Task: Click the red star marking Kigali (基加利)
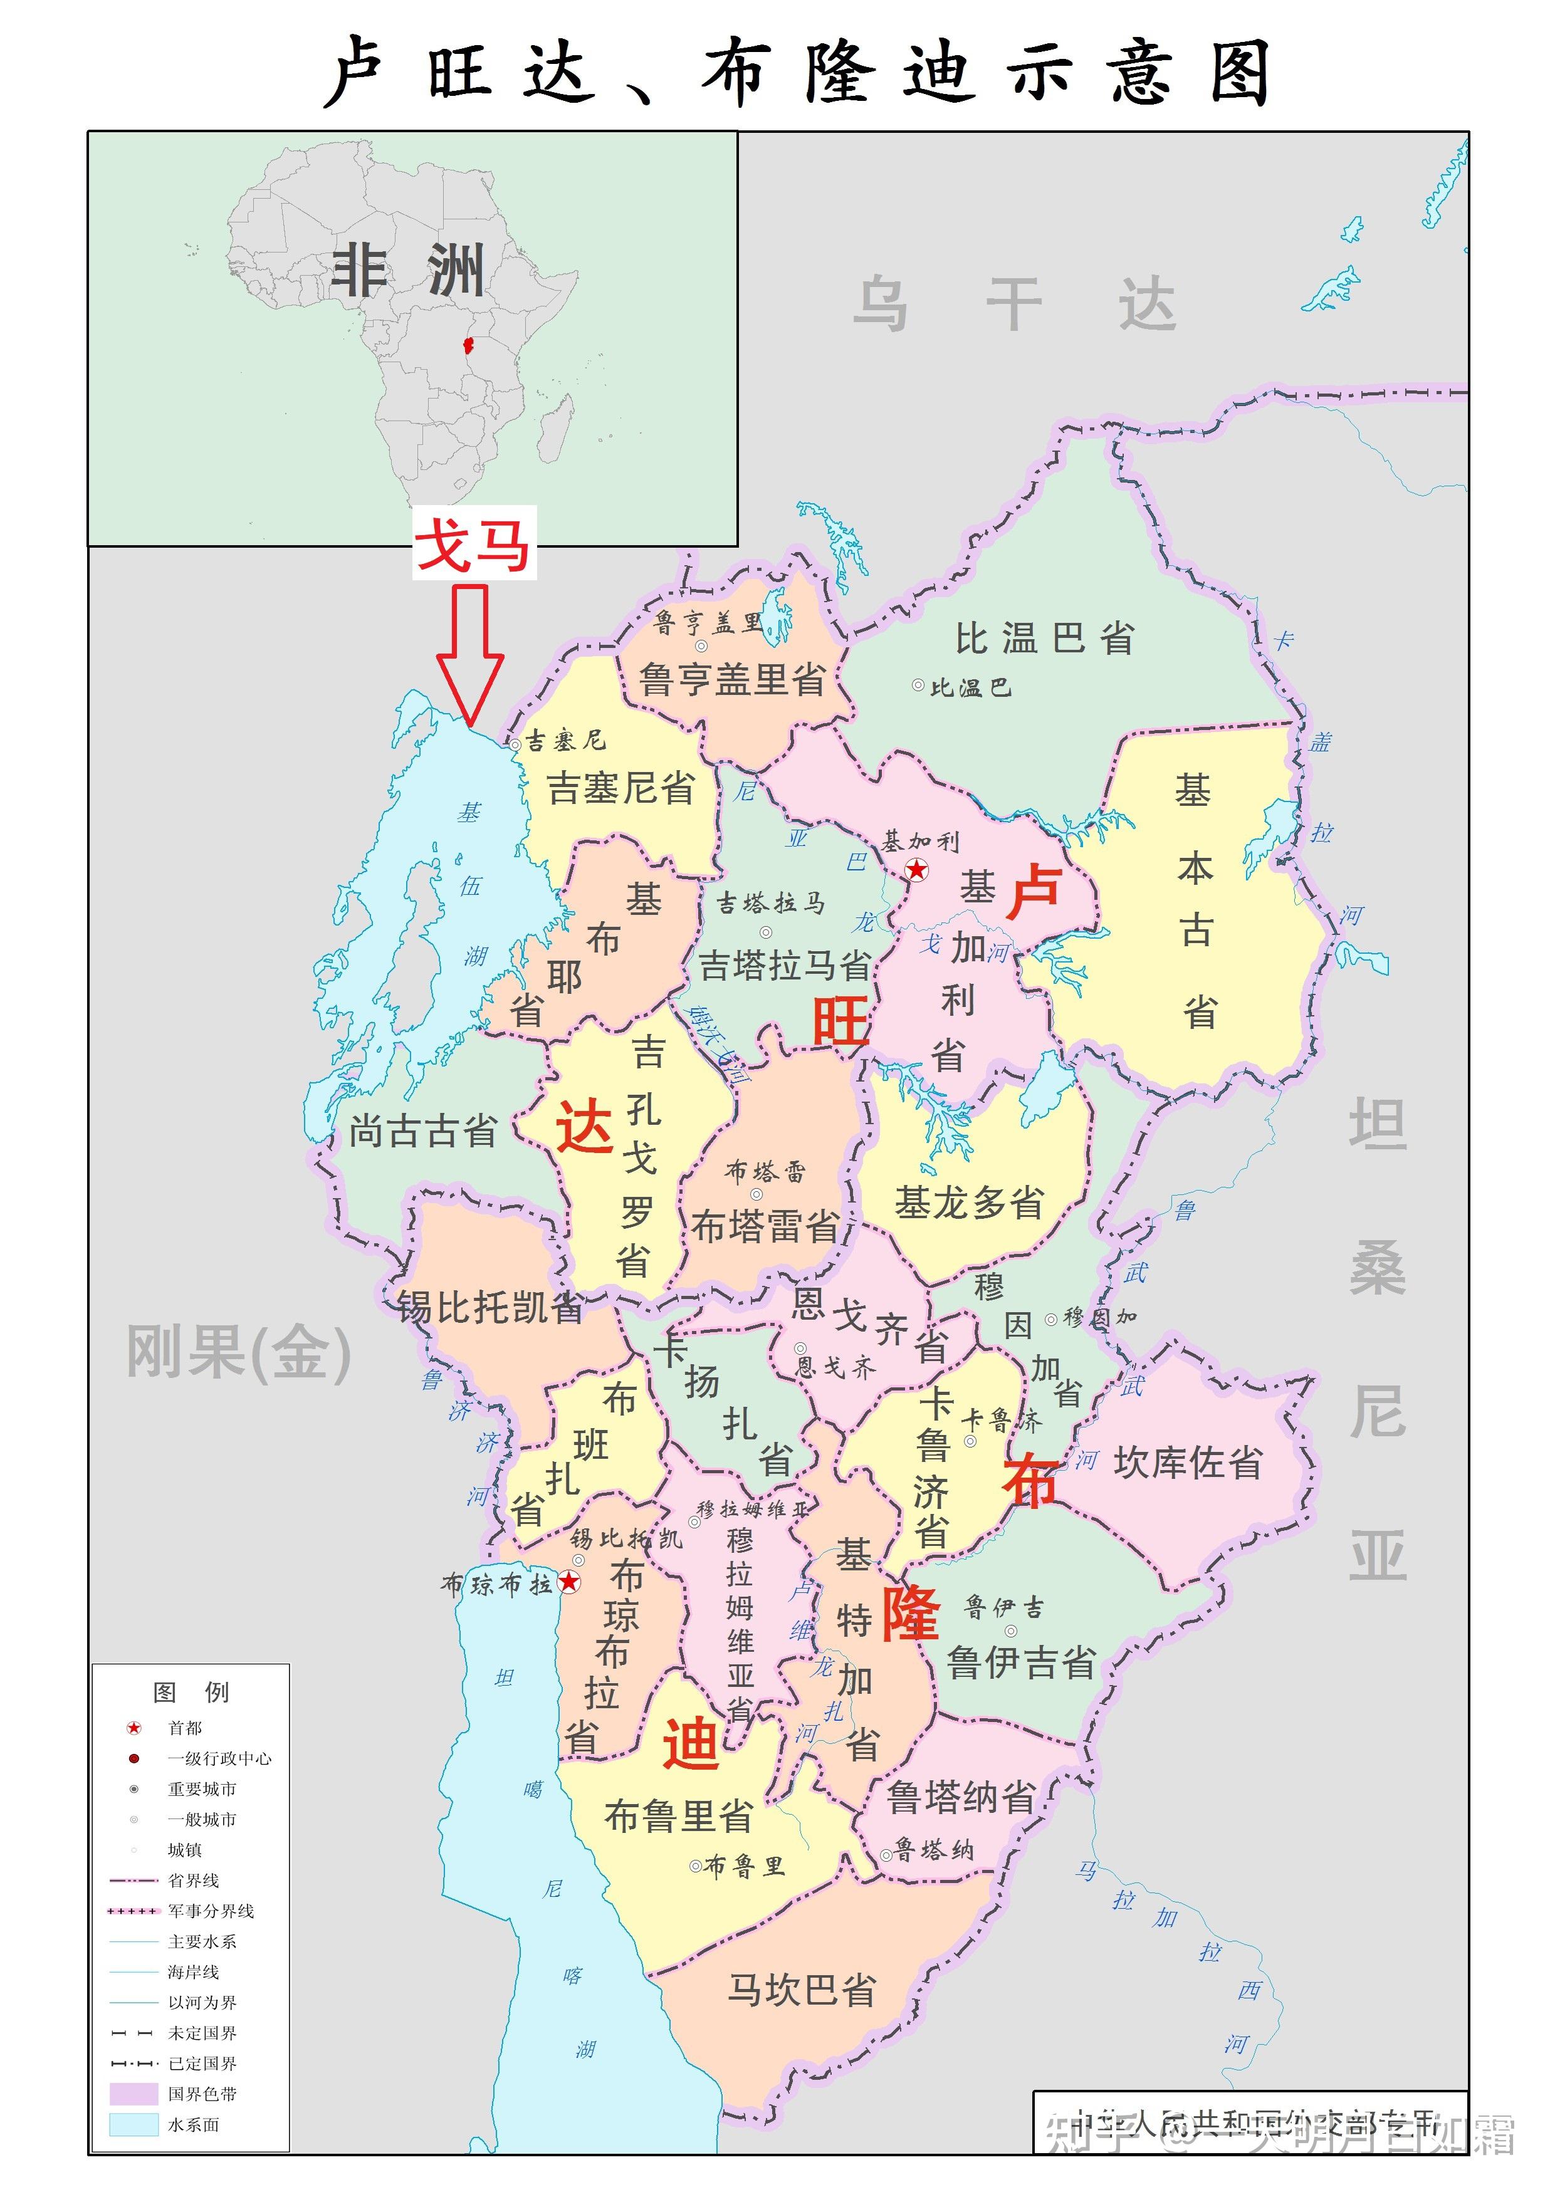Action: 916,869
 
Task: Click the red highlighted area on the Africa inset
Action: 468,345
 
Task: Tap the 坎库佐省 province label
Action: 1187,1462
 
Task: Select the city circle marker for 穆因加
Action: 1050,1318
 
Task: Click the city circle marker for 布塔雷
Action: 757,1194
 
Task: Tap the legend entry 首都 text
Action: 185,1727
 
